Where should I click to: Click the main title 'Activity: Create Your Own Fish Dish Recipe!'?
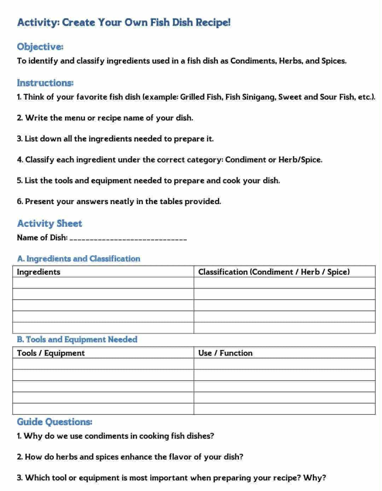click(123, 22)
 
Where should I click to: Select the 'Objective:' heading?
click(40, 47)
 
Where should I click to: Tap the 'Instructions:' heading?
click(45, 83)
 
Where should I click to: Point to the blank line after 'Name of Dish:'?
click(128, 238)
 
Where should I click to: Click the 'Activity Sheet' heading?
click(50, 224)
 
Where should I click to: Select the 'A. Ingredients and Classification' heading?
click(78, 259)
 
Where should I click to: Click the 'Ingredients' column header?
click(38, 272)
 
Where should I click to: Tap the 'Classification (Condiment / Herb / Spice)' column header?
click(274, 272)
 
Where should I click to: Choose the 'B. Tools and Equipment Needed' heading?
click(77, 339)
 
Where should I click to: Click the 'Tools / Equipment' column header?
click(51, 353)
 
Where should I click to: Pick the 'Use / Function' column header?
click(225, 353)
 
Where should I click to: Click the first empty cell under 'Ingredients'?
click(103, 283)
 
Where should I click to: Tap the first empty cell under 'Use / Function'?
click(284, 364)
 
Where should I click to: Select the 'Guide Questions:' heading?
click(54, 422)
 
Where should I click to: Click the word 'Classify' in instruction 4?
click(40, 160)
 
